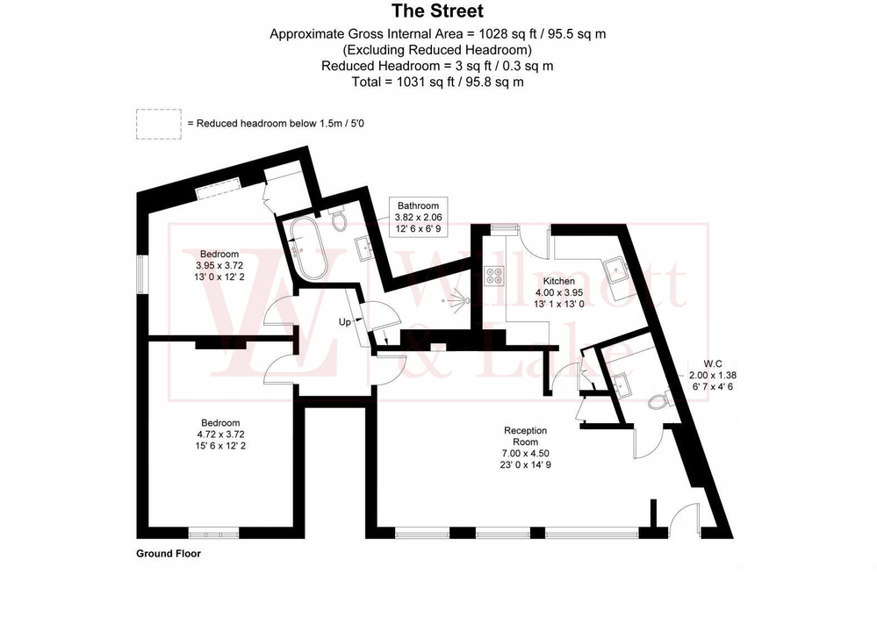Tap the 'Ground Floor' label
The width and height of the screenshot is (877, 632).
(x=169, y=554)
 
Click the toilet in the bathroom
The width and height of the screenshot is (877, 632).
(x=338, y=219)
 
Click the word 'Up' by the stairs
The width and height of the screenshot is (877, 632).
(x=345, y=322)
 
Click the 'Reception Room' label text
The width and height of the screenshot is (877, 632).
(x=525, y=436)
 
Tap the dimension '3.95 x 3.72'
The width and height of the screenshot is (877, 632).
(x=219, y=265)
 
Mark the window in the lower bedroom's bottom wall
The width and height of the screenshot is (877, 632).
(x=214, y=532)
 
